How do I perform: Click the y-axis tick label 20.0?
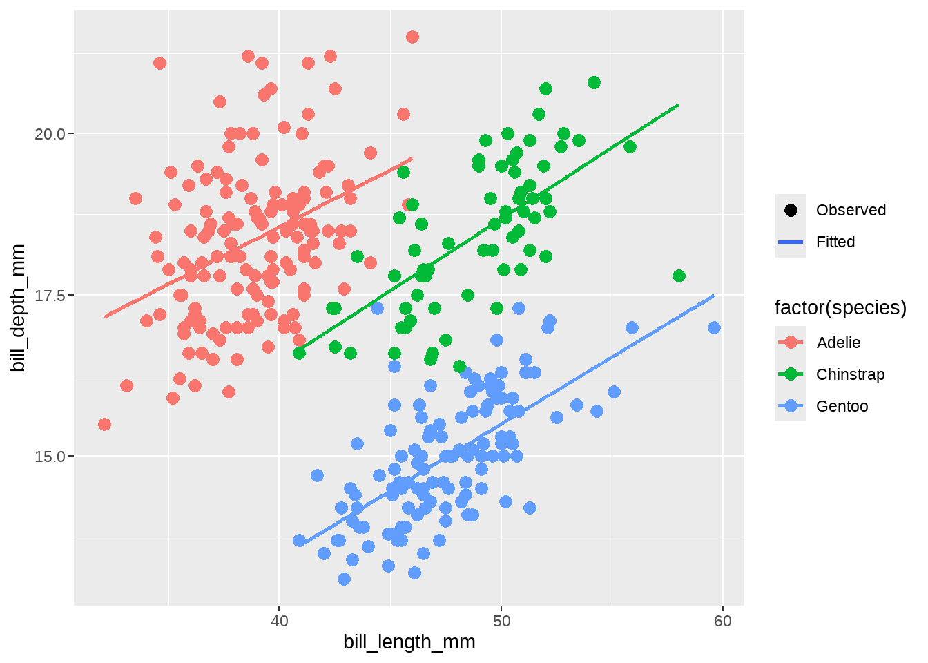coord(49,134)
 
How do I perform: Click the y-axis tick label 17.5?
coord(49,296)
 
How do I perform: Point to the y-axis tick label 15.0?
coord(49,457)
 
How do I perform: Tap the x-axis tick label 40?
coord(279,621)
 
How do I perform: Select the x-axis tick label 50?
coord(501,621)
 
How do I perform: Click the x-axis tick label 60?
coord(723,621)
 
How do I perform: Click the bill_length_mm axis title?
coord(409,642)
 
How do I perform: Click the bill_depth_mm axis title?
coord(19,307)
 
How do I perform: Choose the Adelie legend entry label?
coord(838,343)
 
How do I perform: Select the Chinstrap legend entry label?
coord(850,374)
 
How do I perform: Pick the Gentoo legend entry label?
coord(842,406)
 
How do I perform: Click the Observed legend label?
coord(851,210)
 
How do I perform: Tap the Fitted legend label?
coord(835,242)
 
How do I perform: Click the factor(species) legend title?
coord(840,307)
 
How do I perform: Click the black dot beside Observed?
coord(791,210)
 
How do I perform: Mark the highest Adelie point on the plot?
coord(412,37)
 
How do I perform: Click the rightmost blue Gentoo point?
coord(714,327)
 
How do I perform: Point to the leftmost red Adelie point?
coord(104,424)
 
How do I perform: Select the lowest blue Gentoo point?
coord(344,579)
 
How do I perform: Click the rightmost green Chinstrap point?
coord(679,276)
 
